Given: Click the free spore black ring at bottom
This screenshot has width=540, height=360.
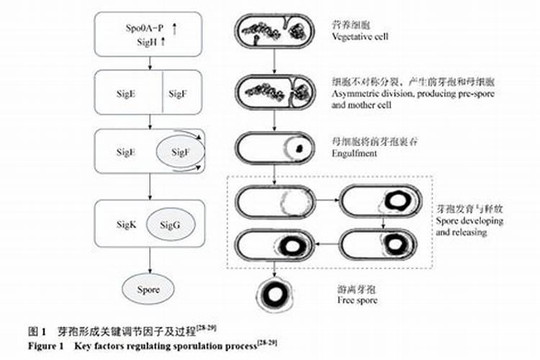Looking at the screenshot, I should click(275, 294).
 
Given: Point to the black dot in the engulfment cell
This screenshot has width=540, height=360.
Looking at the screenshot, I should click(297, 149).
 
